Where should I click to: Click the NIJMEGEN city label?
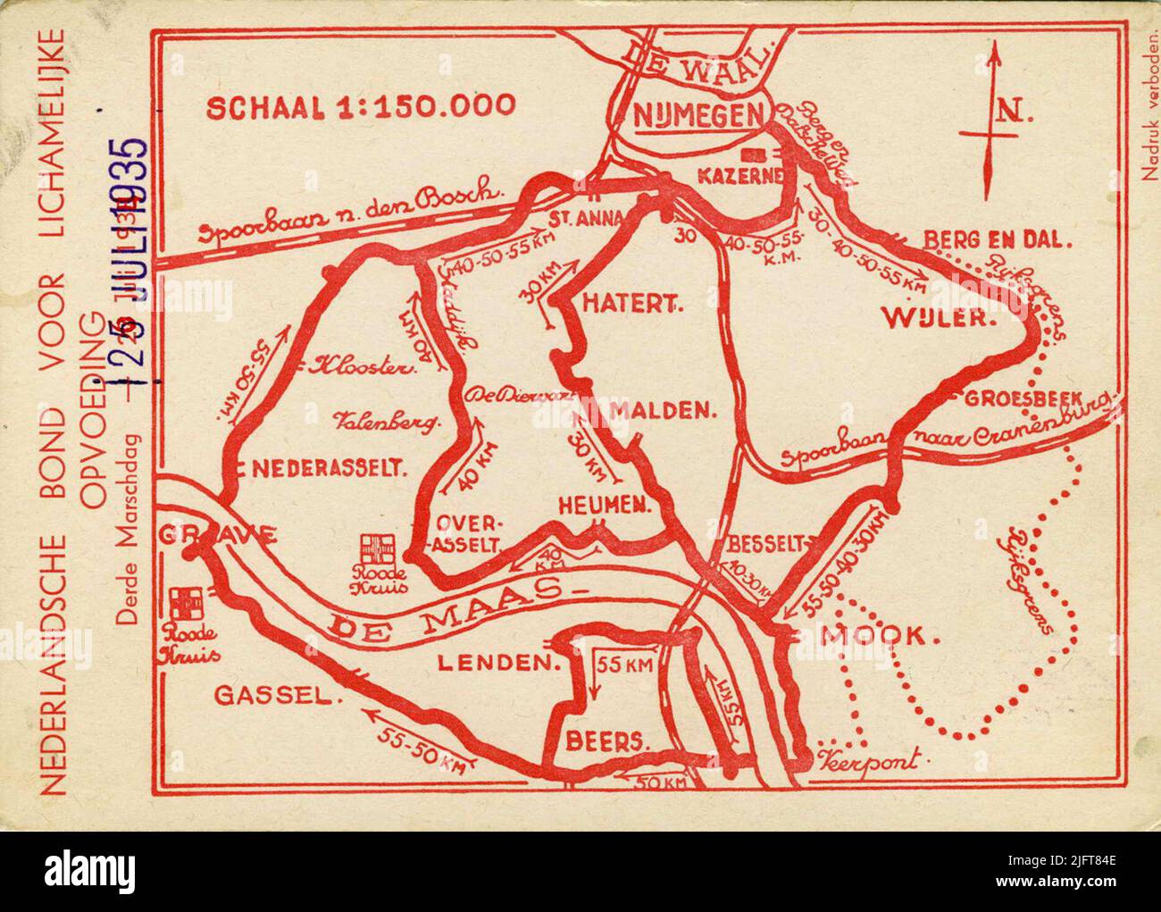tap(699, 114)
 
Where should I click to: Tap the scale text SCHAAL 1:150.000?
tap(361, 106)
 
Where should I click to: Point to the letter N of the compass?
tap(1010, 113)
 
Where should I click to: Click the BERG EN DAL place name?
tap(998, 239)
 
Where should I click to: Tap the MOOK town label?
tap(880, 636)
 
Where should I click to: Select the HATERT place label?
tap(632, 304)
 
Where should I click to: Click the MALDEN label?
tap(664, 411)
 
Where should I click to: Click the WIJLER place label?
tap(939, 316)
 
